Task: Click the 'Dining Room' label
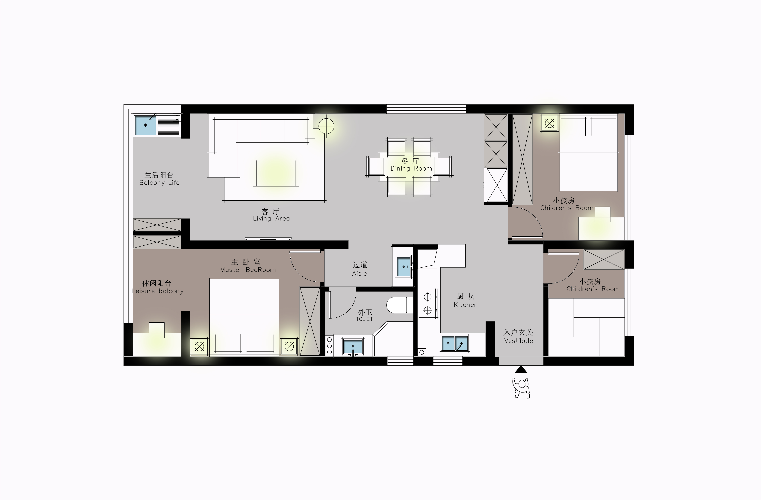point(411,168)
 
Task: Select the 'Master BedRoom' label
point(248,270)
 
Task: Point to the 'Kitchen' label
point(466,305)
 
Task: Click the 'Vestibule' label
point(519,341)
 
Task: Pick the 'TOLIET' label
point(365,319)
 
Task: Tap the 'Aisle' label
point(359,273)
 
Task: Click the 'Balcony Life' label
point(159,183)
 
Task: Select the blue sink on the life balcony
point(145,125)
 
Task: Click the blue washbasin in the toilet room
point(353,347)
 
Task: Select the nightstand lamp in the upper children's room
point(549,123)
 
